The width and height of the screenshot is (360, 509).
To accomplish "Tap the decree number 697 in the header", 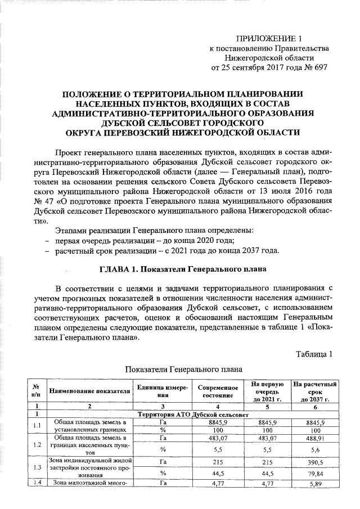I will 317,67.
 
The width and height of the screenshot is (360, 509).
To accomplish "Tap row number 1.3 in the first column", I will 37,467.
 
